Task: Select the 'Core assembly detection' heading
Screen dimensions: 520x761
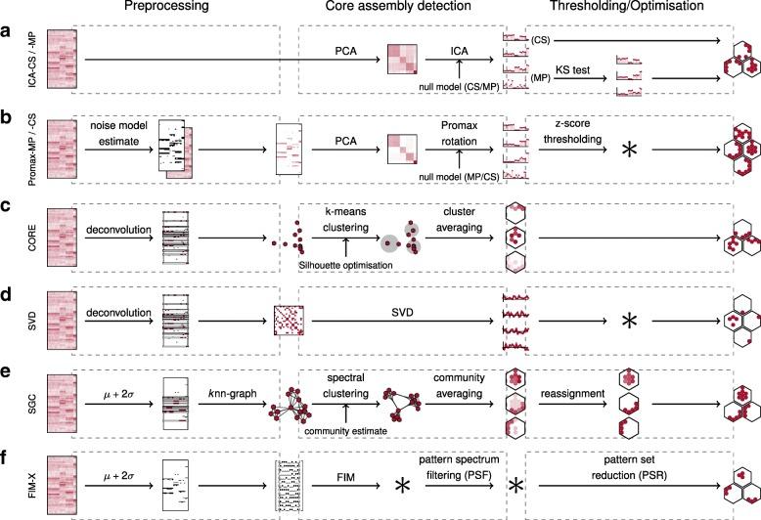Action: (402, 10)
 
